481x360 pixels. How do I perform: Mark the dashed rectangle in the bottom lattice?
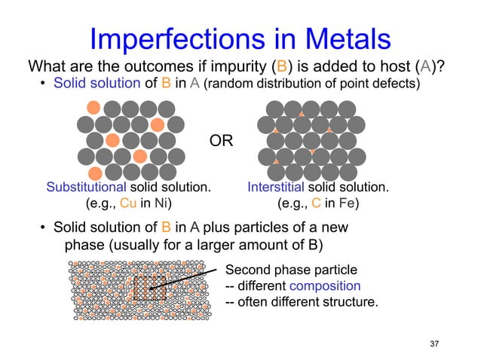[149, 288]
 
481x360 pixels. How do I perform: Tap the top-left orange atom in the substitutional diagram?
[93, 107]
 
